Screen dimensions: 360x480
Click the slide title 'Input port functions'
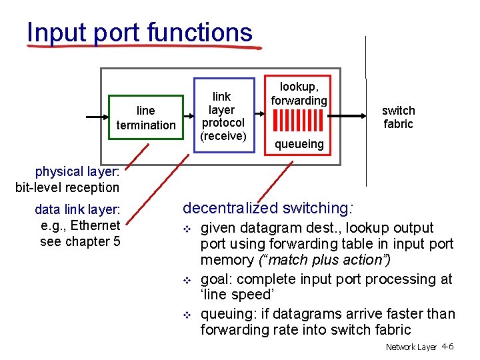[140, 31]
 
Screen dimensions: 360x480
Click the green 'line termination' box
[146, 117]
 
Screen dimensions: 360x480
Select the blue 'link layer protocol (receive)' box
[223, 117]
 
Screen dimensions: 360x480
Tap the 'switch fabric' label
[398, 117]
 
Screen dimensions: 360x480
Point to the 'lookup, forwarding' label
[299, 93]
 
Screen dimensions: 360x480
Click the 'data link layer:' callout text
[77, 210]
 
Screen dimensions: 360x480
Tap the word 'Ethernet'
[95, 225]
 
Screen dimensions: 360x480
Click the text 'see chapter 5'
[80, 241]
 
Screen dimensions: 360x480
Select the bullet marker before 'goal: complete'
[187, 280]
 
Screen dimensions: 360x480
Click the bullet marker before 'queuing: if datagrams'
[187, 315]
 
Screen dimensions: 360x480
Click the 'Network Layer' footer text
[411, 347]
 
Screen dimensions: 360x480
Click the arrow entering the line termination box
[97, 117]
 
